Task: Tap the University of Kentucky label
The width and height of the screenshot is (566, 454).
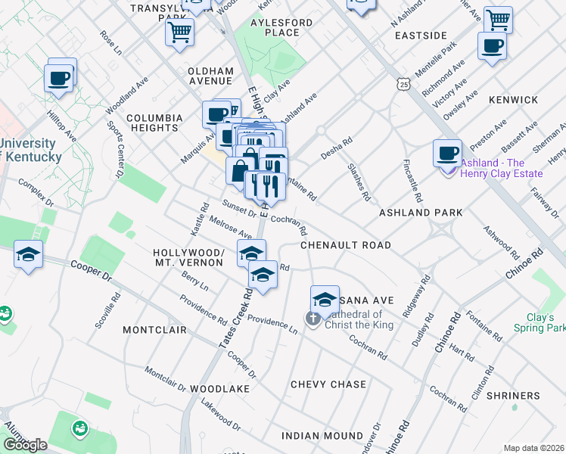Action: coord(30,150)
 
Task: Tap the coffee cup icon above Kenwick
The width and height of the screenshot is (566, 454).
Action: coord(492,45)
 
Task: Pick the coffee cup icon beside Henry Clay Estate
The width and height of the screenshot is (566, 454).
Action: coord(447,152)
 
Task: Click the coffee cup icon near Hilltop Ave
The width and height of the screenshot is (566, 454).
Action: coord(58,77)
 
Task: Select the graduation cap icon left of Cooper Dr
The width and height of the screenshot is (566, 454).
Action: coord(28,253)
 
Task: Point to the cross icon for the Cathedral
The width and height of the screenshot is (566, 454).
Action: coord(313,318)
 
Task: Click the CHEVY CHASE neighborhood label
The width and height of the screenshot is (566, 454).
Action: coord(328,384)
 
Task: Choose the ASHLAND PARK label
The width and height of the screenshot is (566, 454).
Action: coord(421,213)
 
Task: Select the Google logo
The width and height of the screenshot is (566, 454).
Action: coord(25,445)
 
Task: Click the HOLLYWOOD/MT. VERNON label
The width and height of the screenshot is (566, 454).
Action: coord(188,257)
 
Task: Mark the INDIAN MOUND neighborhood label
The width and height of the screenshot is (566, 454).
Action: coord(322,436)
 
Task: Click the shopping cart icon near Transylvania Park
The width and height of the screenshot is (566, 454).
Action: coord(179,31)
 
